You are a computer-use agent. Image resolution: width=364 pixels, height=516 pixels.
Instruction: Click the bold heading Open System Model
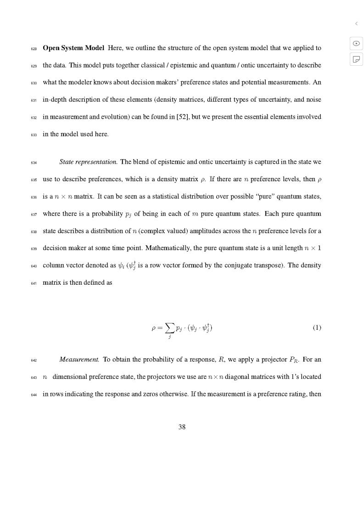73,48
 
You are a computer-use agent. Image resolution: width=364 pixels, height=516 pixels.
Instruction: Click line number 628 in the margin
34,49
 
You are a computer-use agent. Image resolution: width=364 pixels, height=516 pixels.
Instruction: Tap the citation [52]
176,117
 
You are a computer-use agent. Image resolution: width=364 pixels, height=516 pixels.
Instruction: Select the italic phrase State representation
88,162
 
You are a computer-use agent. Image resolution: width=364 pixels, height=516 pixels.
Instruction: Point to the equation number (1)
317,328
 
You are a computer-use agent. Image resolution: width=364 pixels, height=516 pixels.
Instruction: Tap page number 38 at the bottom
182,427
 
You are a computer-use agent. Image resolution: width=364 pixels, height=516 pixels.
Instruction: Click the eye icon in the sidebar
356,44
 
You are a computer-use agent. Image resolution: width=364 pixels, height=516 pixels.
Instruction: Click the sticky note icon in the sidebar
356,59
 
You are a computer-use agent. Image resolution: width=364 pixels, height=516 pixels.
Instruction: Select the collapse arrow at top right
356,23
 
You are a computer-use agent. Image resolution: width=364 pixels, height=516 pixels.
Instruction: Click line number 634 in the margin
34,163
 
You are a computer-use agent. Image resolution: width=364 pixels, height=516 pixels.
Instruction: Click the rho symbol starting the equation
154,328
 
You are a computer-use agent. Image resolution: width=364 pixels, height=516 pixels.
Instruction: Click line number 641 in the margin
34,284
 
